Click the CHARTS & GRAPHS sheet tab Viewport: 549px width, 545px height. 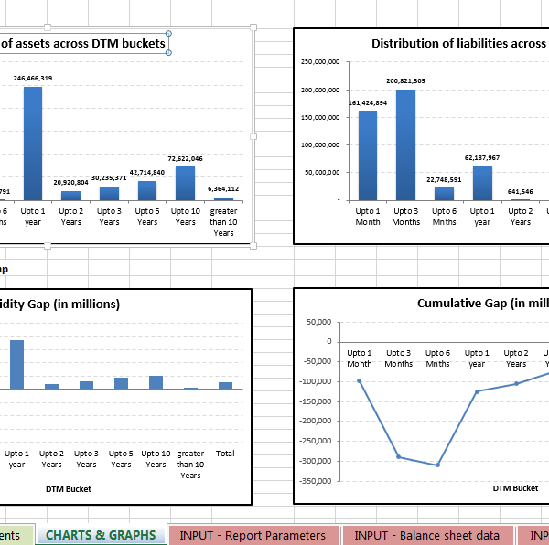click(x=101, y=535)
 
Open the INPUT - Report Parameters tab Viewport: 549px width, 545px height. click(x=253, y=535)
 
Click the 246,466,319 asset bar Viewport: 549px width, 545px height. click(x=33, y=143)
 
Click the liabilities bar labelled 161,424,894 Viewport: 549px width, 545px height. click(x=367, y=155)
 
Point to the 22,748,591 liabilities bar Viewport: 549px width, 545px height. click(x=444, y=193)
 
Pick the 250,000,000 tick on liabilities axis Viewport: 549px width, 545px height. click(x=320, y=62)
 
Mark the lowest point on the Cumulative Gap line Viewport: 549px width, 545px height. click(x=437, y=465)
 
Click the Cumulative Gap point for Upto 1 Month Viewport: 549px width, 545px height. click(x=360, y=380)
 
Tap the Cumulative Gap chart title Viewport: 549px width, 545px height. click(x=482, y=304)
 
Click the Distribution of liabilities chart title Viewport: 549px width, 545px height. click(x=458, y=43)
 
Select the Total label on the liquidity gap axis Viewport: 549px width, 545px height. click(x=224, y=453)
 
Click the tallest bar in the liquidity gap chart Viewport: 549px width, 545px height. click(x=16, y=364)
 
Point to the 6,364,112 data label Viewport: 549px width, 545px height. click(x=223, y=188)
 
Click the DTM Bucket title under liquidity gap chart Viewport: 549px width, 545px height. click(x=69, y=488)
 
